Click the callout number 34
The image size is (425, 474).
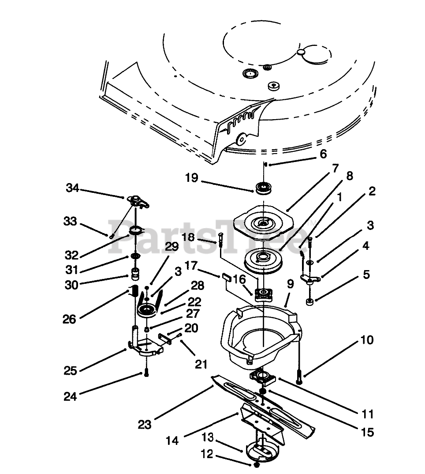click(72, 188)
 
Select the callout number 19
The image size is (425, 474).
click(192, 178)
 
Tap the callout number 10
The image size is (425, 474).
click(366, 340)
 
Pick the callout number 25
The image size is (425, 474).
click(70, 370)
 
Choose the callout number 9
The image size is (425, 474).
click(290, 285)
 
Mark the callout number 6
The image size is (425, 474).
click(323, 154)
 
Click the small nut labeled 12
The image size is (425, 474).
click(257, 465)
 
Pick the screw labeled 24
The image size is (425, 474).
click(145, 374)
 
